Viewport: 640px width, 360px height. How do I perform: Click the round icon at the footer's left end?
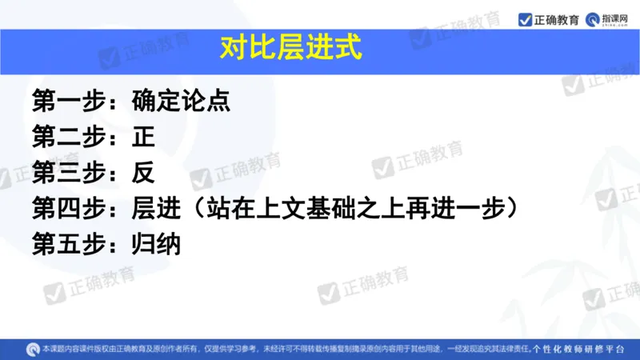coord(32,349)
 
